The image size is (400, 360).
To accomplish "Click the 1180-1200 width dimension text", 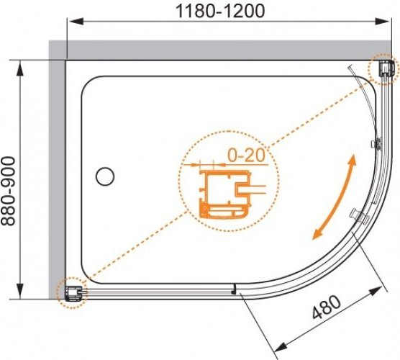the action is coord(220,12).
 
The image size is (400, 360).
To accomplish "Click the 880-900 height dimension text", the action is coord(8,192).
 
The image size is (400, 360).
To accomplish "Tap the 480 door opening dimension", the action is coord(327,307).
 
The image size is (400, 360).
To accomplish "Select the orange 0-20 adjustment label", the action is coord(246,156).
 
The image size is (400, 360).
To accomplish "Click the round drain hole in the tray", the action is coord(105,176).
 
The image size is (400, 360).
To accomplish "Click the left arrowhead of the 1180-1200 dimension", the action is coord(76,22).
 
